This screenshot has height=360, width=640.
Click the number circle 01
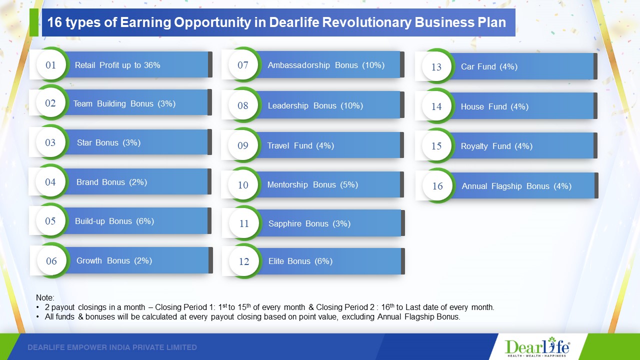click(x=51, y=65)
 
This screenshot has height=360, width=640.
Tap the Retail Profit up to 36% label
click(x=117, y=65)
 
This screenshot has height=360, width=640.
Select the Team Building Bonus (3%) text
click(x=124, y=103)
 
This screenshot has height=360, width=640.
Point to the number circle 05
click(x=50, y=221)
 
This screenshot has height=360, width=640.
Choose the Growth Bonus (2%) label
click(x=114, y=260)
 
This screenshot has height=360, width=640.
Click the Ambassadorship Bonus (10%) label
click(x=326, y=65)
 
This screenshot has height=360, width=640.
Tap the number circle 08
click(x=243, y=105)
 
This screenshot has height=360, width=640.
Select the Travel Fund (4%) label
click(x=300, y=145)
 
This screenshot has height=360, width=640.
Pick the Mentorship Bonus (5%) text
click(x=312, y=184)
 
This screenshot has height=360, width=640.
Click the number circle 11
click(x=244, y=223)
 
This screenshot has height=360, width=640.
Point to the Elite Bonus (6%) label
click(x=300, y=261)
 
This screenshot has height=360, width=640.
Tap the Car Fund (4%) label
click(x=489, y=66)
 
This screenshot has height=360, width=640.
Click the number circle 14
click(x=436, y=106)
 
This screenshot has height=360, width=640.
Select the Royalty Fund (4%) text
click(x=496, y=146)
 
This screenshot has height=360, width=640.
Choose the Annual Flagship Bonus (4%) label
click(x=516, y=186)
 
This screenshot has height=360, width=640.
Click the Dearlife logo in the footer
click(x=537, y=347)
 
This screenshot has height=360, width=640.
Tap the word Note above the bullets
click(x=45, y=297)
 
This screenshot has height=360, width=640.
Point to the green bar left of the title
click(x=34, y=22)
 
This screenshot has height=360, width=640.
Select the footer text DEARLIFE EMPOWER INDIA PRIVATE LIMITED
click(x=112, y=347)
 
